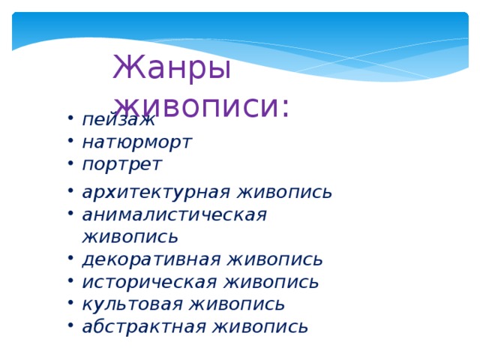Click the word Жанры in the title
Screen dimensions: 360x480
(x=171, y=69)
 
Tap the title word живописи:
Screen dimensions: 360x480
(x=202, y=105)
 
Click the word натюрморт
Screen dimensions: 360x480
(x=136, y=141)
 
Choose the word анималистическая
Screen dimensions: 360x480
(x=174, y=214)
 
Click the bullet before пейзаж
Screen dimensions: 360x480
(x=69, y=119)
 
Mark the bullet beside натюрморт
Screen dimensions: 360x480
(x=69, y=141)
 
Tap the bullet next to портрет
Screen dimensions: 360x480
(x=69, y=163)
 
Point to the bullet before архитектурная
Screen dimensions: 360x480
(x=69, y=192)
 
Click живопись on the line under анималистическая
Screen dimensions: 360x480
(x=130, y=238)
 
